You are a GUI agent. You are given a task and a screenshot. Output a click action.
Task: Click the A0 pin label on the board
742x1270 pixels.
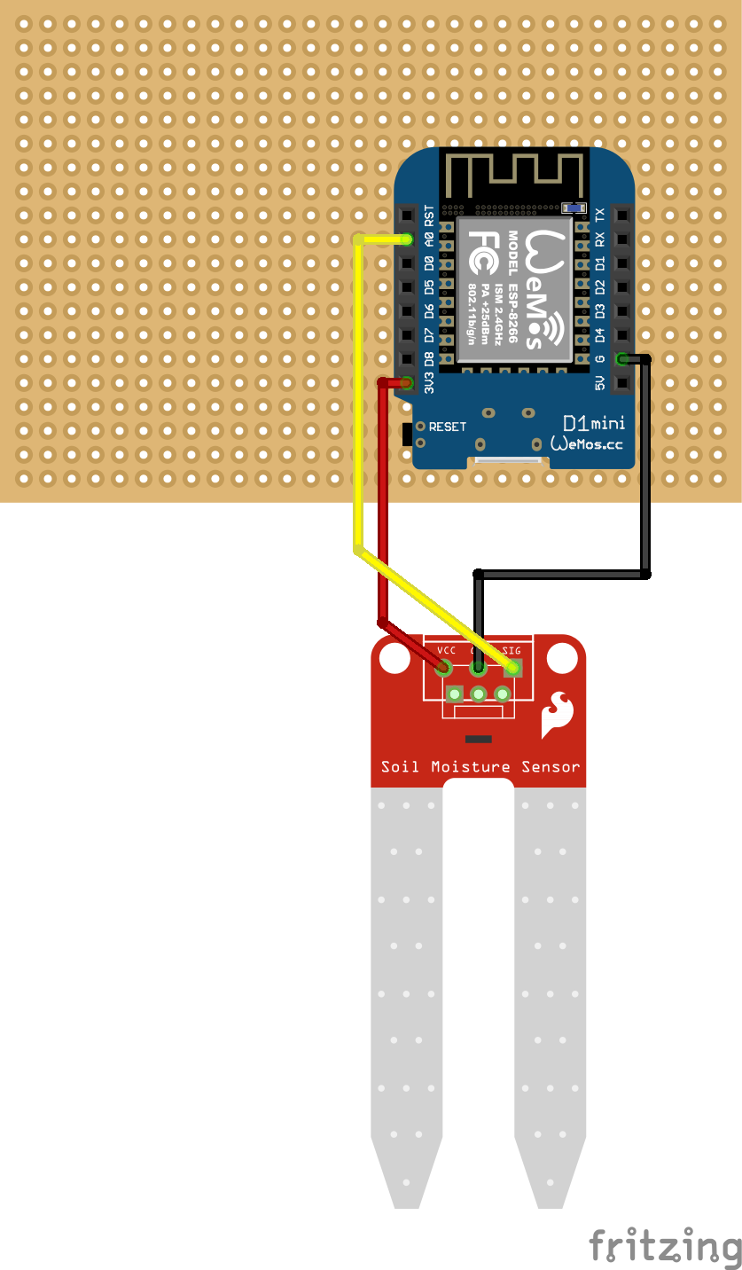pos(430,239)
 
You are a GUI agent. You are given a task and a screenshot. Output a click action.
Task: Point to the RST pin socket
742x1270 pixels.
pos(407,216)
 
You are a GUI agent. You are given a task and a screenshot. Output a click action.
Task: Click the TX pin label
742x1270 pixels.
pos(600,216)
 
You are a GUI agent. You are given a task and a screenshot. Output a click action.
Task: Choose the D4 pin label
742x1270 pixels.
pos(600,335)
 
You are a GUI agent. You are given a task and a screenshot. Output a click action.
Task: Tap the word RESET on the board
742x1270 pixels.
pos(447,427)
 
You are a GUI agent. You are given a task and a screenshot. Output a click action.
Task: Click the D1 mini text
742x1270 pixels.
pos(594,423)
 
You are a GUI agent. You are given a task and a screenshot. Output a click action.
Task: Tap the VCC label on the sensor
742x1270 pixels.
pos(446,650)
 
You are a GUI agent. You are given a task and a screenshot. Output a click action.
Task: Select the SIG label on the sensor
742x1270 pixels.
pos(512,650)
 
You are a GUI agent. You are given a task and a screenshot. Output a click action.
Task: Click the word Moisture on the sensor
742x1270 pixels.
pos(471,766)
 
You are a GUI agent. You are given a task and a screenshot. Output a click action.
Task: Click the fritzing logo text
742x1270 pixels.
pos(665,1246)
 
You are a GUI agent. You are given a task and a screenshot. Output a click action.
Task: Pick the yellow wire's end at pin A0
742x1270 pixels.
pos(407,239)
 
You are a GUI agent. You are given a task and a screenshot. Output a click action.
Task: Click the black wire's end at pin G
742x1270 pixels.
pos(623,359)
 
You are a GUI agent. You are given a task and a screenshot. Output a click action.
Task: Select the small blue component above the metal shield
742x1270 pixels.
pos(574,207)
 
